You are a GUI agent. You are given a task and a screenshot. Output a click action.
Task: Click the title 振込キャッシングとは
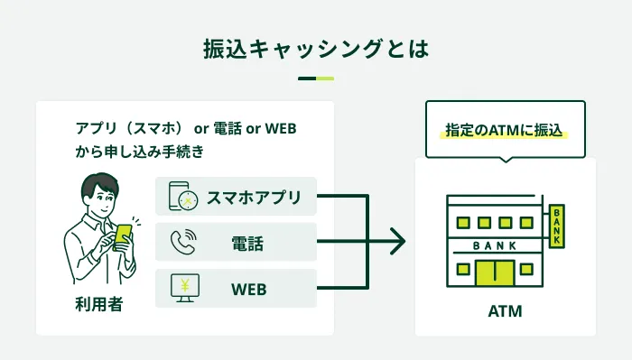click(x=316, y=49)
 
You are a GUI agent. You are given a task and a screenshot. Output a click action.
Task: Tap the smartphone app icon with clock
click(x=183, y=196)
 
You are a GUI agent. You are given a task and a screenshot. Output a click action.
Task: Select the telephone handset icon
click(x=183, y=242)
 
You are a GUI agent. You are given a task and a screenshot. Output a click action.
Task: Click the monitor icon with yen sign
click(x=185, y=289)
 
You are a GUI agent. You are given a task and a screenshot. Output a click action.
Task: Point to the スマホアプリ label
click(x=254, y=198)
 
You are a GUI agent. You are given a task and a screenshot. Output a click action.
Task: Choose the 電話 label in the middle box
click(x=247, y=244)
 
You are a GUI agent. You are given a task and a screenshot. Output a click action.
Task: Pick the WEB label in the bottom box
click(x=248, y=290)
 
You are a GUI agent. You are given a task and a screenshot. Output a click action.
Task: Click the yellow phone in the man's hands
click(x=123, y=236)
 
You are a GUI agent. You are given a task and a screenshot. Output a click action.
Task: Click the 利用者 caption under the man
click(x=99, y=304)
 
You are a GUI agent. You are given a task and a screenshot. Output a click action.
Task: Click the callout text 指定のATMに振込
click(x=504, y=130)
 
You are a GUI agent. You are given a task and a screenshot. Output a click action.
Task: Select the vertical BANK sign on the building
click(x=557, y=226)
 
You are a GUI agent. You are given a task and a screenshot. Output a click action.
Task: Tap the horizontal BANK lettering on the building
click(x=495, y=245)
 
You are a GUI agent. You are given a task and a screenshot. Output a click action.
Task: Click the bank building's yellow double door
click(x=495, y=272)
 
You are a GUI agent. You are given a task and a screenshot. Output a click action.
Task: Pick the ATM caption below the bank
click(x=505, y=311)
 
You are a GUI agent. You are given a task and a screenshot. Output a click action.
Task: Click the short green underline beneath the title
click(x=316, y=78)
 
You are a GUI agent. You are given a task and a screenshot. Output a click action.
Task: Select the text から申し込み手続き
click(x=139, y=152)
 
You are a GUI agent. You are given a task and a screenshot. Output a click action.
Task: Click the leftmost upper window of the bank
click(x=463, y=223)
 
